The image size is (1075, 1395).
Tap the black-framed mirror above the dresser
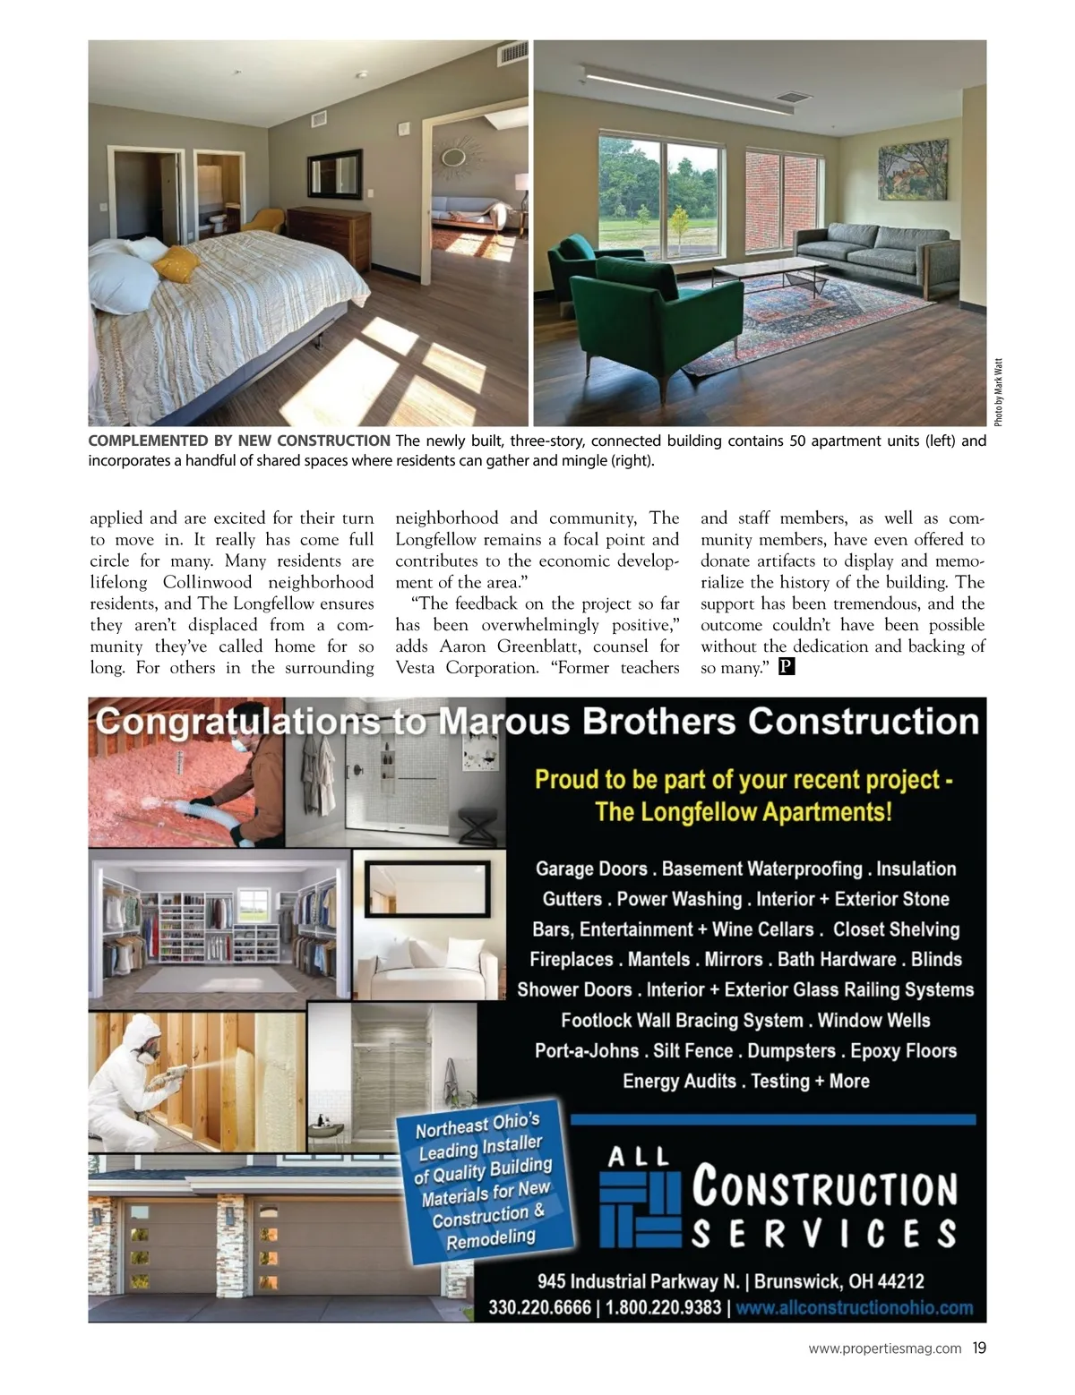pyautogui.click(x=334, y=173)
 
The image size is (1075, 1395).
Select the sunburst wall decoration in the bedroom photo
pyautogui.click(x=454, y=155)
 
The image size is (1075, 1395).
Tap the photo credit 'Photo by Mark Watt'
pyautogui.click(x=998, y=392)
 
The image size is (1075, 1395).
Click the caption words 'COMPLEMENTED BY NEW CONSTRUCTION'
pyautogui.click(x=238, y=441)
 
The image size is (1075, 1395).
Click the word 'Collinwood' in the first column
pyautogui.click(x=208, y=582)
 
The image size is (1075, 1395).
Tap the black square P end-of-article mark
pyautogui.click(x=787, y=667)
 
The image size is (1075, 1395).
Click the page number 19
pyautogui.click(x=979, y=1348)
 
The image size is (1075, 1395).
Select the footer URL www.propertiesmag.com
pyautogui.click(x=885, y=1348)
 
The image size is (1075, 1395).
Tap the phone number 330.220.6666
pyautogui.click(x=539, y=1307)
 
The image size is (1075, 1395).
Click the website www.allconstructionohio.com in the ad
pyautogui.click(x=855, y=1307)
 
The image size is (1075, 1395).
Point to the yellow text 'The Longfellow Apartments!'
pyautogui.click(x=744, y=812)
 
